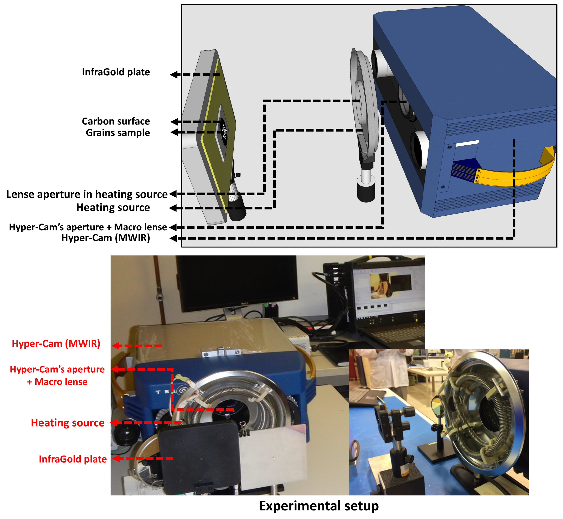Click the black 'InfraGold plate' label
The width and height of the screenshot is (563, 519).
coord(116,72)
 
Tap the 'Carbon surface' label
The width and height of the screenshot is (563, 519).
coord(116,121)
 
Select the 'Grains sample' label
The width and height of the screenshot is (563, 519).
coord(118,133)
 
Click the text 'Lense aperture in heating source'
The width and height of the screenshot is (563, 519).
coord(87,194)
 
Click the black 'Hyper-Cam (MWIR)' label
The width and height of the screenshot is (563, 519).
coord(106,238)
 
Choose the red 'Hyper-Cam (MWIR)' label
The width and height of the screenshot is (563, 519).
coord(56,343)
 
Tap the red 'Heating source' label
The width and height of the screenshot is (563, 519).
coord(68,423)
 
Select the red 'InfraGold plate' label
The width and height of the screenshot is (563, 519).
coord(73,459)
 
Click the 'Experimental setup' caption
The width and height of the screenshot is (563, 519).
coord(319,506)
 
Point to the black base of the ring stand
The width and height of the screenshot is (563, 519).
coord(366,191)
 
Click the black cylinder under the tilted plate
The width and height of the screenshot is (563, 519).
coord(237,208)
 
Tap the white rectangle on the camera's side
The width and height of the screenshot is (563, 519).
coord(467,143)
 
